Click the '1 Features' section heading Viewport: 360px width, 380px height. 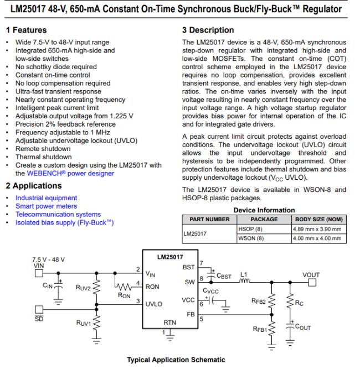coord(26,30)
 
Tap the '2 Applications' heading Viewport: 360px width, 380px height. coord(33,185)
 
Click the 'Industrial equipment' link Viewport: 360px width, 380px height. coord(46,197)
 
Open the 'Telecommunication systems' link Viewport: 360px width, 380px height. coord(58,214)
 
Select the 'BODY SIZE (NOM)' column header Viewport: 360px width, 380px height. coord(318,219)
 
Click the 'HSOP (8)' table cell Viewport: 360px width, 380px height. coord(250,228)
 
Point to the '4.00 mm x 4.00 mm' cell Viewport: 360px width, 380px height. coord(317,238)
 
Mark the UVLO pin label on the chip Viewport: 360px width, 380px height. coord(155,304)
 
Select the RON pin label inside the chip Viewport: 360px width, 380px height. coord(152,288)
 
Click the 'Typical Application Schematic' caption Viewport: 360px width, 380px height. coord(176,360)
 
